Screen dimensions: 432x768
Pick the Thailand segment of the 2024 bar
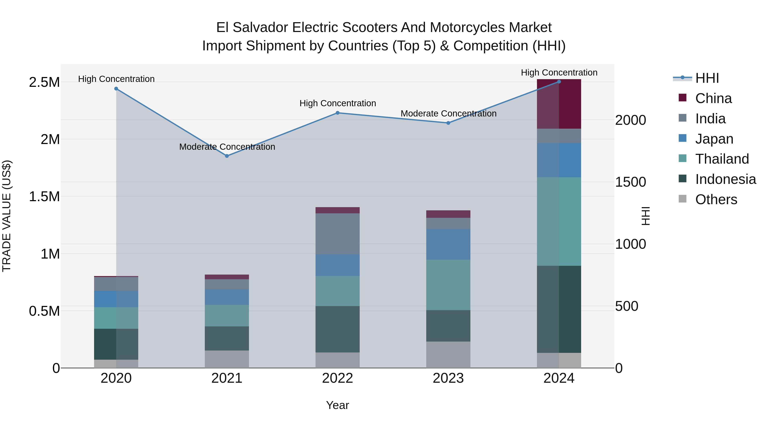tap(559, 221)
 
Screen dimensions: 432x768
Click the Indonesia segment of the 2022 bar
tap(337, 329)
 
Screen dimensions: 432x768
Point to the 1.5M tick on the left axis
tap(44, 197)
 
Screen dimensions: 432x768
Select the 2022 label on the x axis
tap(337, 378)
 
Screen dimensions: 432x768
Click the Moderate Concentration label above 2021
tap(227, 147)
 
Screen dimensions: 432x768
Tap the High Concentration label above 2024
tap(559, 73)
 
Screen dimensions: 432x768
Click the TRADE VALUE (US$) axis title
tap(7, 216)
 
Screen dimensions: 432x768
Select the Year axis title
tap(337, 405)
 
